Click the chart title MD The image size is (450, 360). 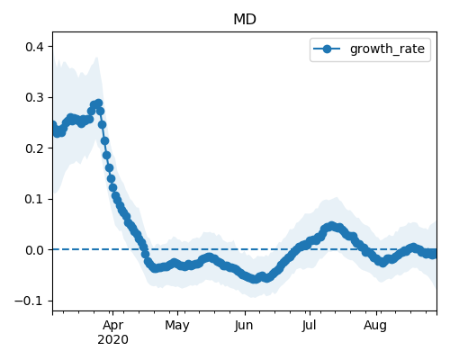coord(245,20)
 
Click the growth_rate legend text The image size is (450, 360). coord(387,49)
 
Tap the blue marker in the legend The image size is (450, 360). coord(327,49)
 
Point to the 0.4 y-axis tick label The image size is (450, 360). coord(35,47)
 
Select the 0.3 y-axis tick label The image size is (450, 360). coord(35,97)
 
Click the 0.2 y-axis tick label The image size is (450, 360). coord(35,148)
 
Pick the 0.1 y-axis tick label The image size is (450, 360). coord(35,199)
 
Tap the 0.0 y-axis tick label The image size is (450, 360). coord(35,250)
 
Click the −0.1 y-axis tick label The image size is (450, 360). coord(30,301)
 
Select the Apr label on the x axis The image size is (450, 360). coord(112,325)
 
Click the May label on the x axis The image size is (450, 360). coord(177,325)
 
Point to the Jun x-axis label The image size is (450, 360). coord(244,325)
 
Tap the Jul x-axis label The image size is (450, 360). coord(309,325)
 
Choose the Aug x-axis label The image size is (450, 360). coord(375,325)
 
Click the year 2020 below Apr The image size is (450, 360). coord(112,339)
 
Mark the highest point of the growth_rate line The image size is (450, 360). coord(99,103)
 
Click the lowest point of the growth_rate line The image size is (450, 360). coord(255,279)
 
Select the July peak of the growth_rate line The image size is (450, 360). coord(331,226)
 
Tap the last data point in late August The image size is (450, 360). coord(433,255)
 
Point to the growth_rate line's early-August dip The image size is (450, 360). coord(382,263)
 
